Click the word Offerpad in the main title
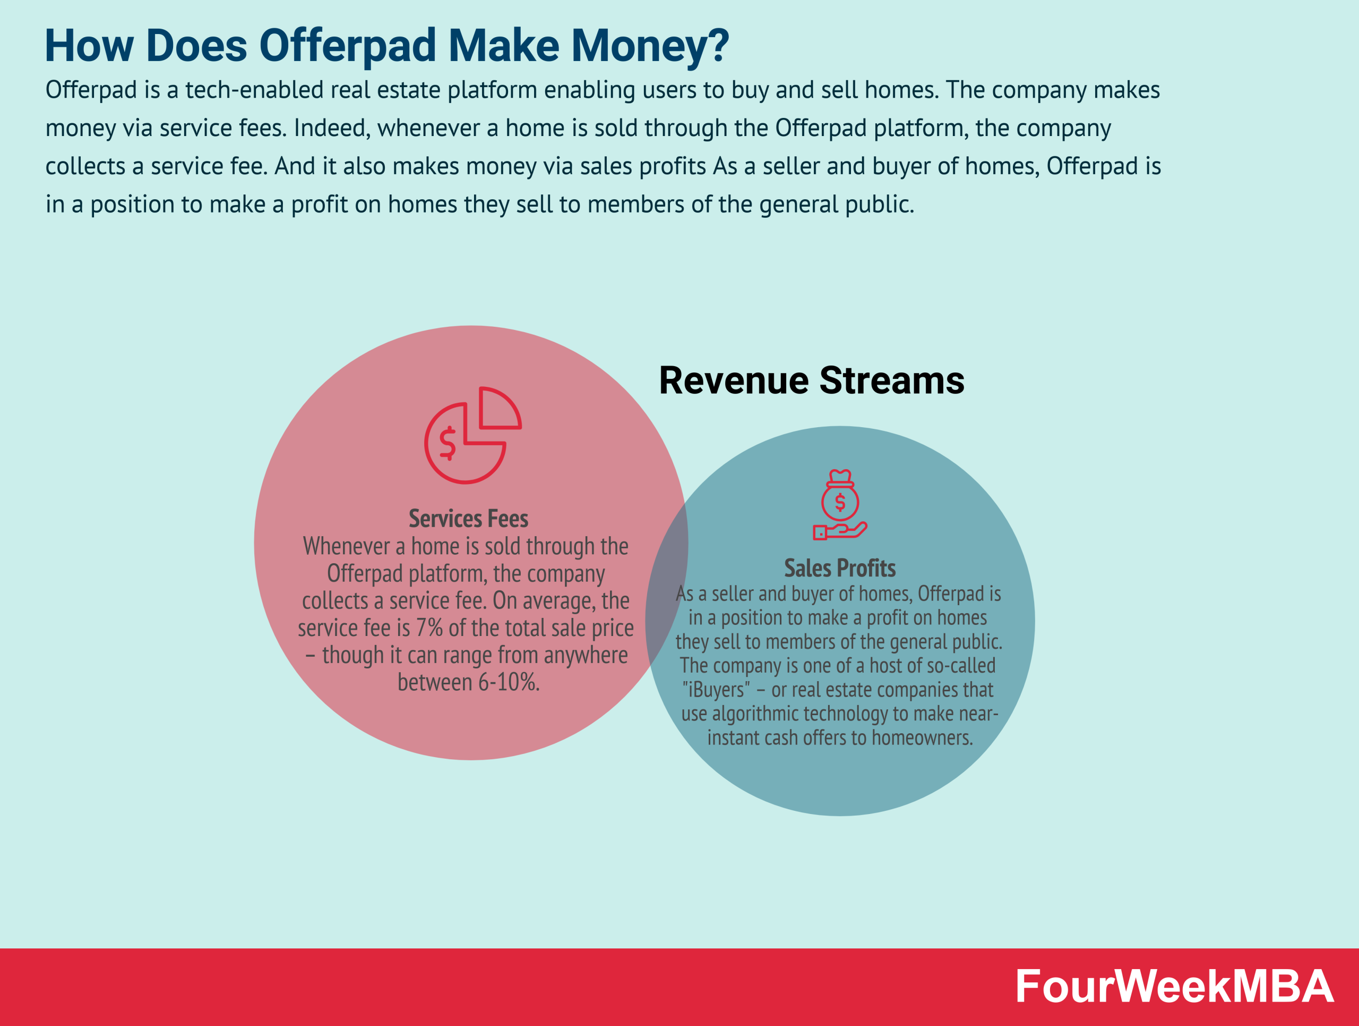point(348,46)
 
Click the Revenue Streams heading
point(811,380)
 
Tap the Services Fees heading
point(468,519)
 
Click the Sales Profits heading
point(839,568)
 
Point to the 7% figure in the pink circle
point(429,628)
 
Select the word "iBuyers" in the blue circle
point(716,690)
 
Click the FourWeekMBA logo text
point(1173,987)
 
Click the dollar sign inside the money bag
point(840,502)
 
